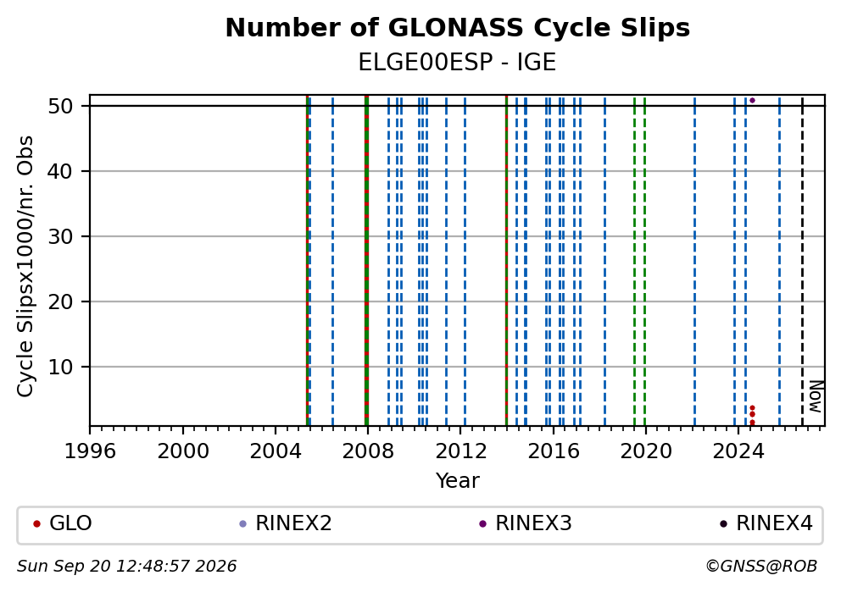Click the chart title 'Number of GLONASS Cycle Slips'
point(458,28)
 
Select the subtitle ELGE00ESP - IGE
point(458,62)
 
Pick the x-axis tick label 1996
point(90,451)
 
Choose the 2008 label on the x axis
point(368,451)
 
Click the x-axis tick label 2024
point(738,451)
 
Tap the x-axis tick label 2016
point(554,451)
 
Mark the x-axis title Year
point(458,480)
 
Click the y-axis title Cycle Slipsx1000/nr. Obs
point(25,266)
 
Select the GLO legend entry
point(63,523)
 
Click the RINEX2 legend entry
point(286,523)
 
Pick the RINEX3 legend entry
point(526,523)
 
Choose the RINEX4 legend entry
point(766,523)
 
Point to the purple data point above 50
point(752,100)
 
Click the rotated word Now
point(816,396)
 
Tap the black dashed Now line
point(802,261)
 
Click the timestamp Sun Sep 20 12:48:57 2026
point(127,567)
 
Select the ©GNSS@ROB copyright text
point(761,567)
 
